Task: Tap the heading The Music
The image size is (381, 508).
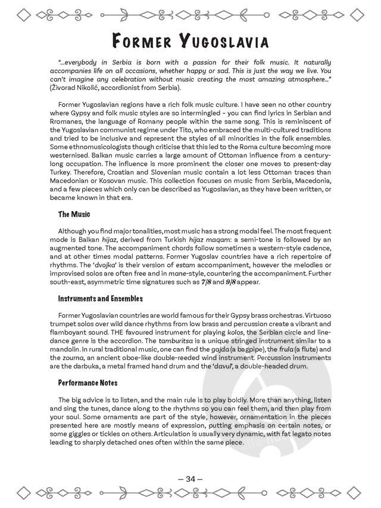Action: tap(74, 213)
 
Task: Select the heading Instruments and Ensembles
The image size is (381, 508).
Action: tap(100, 298)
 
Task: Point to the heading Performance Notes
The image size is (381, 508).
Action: tap(88, 382)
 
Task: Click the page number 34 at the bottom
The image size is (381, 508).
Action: tap(190, 478)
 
